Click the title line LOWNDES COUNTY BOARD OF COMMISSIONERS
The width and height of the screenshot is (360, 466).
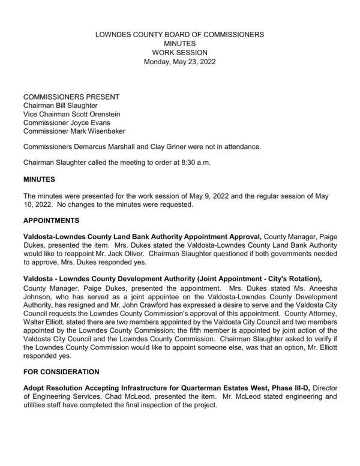point(179,35)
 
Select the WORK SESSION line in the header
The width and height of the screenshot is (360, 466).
point(179,53)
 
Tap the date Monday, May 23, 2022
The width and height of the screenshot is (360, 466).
point(180,62)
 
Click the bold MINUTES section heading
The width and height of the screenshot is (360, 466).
point(39,179)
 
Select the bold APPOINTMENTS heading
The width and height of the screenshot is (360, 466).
point(51,221)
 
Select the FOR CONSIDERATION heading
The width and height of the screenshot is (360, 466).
point(61,372)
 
